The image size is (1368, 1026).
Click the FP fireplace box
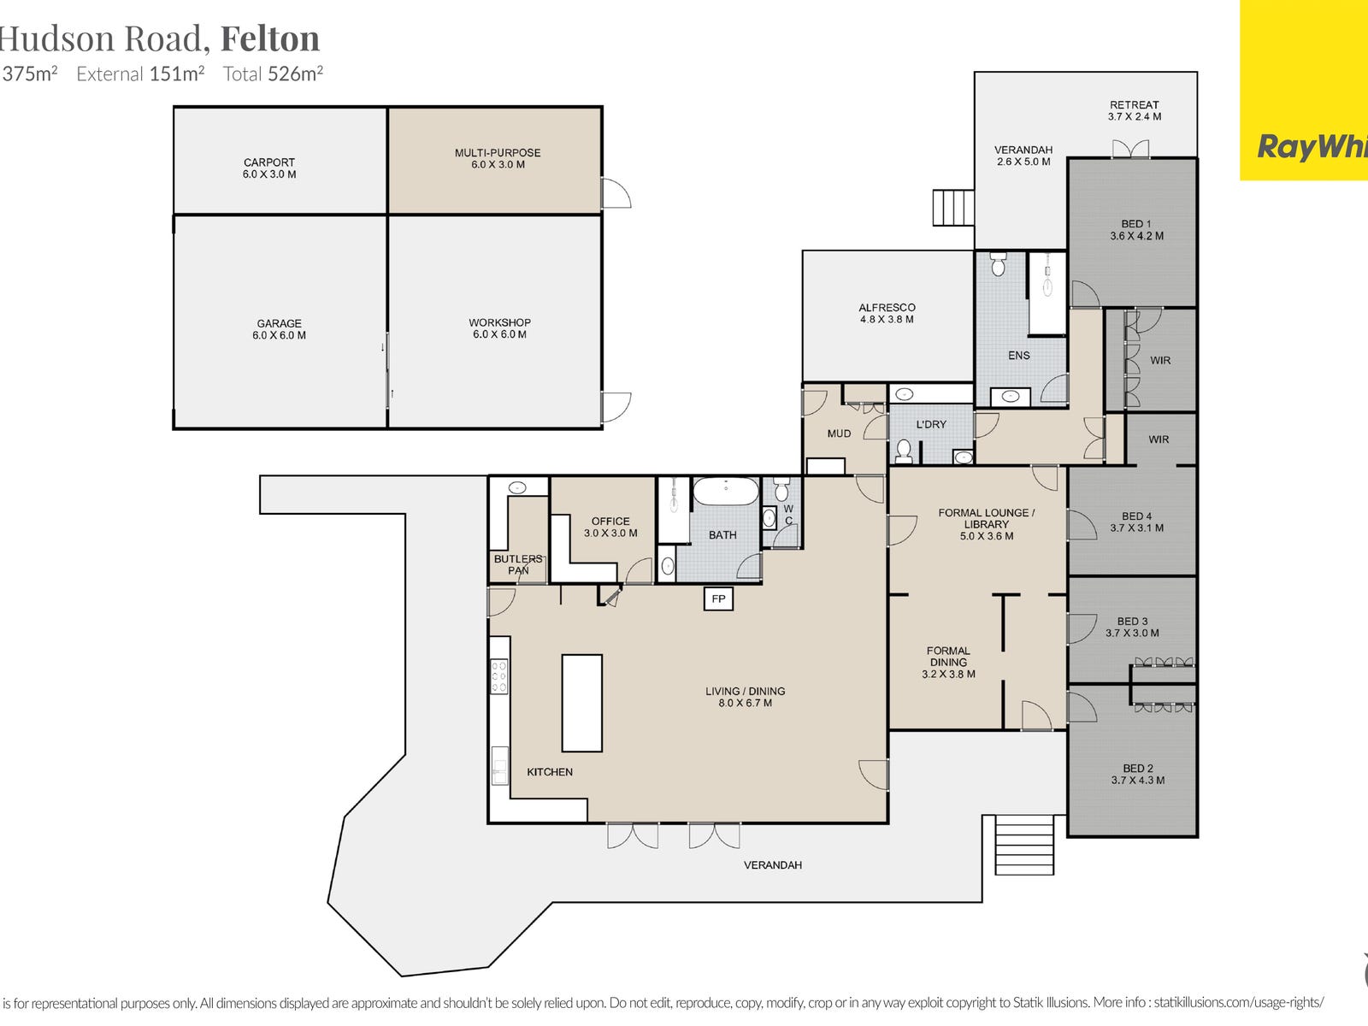click(x=718, y=598)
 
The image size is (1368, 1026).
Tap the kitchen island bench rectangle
click(x=581, y=703)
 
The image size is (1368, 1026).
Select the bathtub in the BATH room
click(x=725, y=492)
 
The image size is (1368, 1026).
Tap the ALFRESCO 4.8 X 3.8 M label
click(x=887, y=313)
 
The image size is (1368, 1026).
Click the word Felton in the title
click(x=270, y=38)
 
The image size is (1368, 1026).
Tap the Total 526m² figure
click(x=273, y=74)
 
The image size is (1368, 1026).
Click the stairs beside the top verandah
click(x=952, y=207)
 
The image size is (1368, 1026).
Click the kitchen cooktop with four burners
click(x=499, y=676)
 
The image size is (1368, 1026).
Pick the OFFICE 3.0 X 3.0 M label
click(x=610, y=527)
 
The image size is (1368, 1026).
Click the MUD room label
click(x=839, y=433)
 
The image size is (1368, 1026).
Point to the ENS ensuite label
click(x=1018, y=355)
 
